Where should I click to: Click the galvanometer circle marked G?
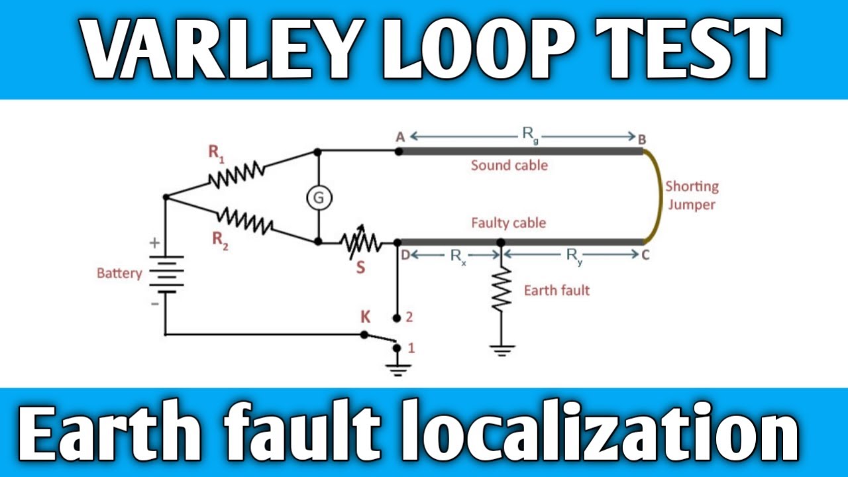point(319,198)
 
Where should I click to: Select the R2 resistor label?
point(221,240)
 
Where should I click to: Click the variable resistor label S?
point(360,268)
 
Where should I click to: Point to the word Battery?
point(119,273)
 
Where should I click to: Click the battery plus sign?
point(154,244)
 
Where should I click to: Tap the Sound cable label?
point(509,165)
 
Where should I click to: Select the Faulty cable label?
point(508,223)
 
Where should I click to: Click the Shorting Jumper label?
point(692,195)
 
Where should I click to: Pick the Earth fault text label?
point(556,290)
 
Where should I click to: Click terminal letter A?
point(400,136)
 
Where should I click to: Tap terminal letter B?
point(642,138)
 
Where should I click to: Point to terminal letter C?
point(645,254)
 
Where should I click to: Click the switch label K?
point(365,317)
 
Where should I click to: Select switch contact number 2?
point(409,317)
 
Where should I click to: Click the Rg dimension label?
point(530,134)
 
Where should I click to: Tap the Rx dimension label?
point(459,256)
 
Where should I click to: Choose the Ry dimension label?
point(574,256)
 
